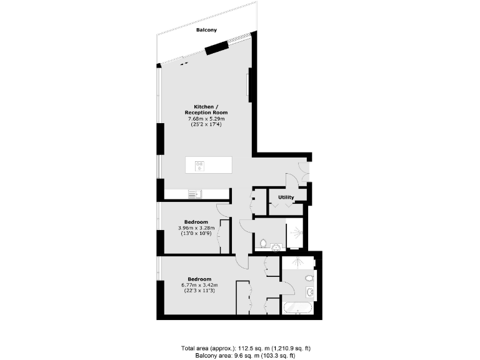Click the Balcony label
pos(206,30)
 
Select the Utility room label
pos(286,197)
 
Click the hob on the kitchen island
pos(200,166)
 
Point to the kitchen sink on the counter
pos(194,194)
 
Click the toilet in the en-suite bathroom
pos(309,278)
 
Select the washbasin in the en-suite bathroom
pos(311,292)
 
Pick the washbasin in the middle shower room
pos(276,247)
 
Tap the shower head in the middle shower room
pos(300,232)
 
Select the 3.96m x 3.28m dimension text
pos(196,228)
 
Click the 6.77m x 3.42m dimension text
pos(200,285)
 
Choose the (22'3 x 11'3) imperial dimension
pos(200,291)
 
